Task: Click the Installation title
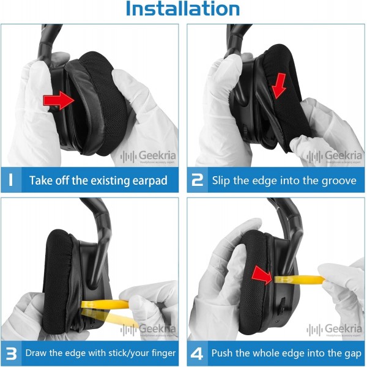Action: (x=183, y=9)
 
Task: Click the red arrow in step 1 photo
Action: (x=59, y=100)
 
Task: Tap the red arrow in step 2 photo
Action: (x=280, y=86)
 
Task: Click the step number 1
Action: (x=10, y=180)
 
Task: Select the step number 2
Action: (x=198, y=180)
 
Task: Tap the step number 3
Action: (x=11, y=354)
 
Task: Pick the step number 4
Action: (x=197, y=354)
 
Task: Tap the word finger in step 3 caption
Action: (x=163, y=353)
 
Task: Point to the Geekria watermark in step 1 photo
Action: (x=148, y=156)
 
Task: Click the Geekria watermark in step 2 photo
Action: (x=334, y=156)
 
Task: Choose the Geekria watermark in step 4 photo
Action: (x=334, y=329)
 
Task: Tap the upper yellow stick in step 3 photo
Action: (x=105, y=304)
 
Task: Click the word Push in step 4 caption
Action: (x=223, y=353)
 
